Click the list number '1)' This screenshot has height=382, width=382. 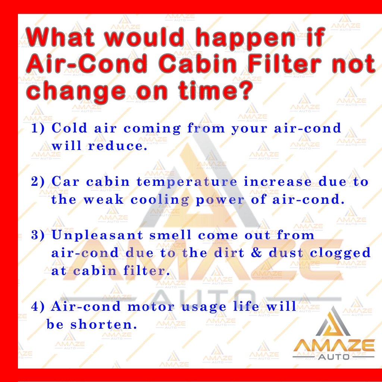pyautogui.click(x=38, y=128)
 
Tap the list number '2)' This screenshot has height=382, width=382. pyautogui.click(x=38, y=182)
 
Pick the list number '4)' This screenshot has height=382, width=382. pyautogui.click(x=38, y=307)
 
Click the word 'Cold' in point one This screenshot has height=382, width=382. pyautogui.click(x=69, y=128)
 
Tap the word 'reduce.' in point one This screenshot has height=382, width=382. pyautogui.click(x=118, y=146)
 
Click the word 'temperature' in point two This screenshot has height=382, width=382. pyautogui.click(x=187, y=182)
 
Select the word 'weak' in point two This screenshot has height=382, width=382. pyautogui.click(x=104, y=200)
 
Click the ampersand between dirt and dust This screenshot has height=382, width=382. pyautogui.click(x=256, y=253)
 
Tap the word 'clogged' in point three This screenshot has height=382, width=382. pyautogui.click(x=340, y=253)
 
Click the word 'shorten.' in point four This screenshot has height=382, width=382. pyautogui.click(x=104, y=324)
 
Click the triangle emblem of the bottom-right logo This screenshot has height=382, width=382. pyautogui.click(x=333, y=321)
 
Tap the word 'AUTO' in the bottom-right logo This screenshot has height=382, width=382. pyautogui.click(x=334, y=357)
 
